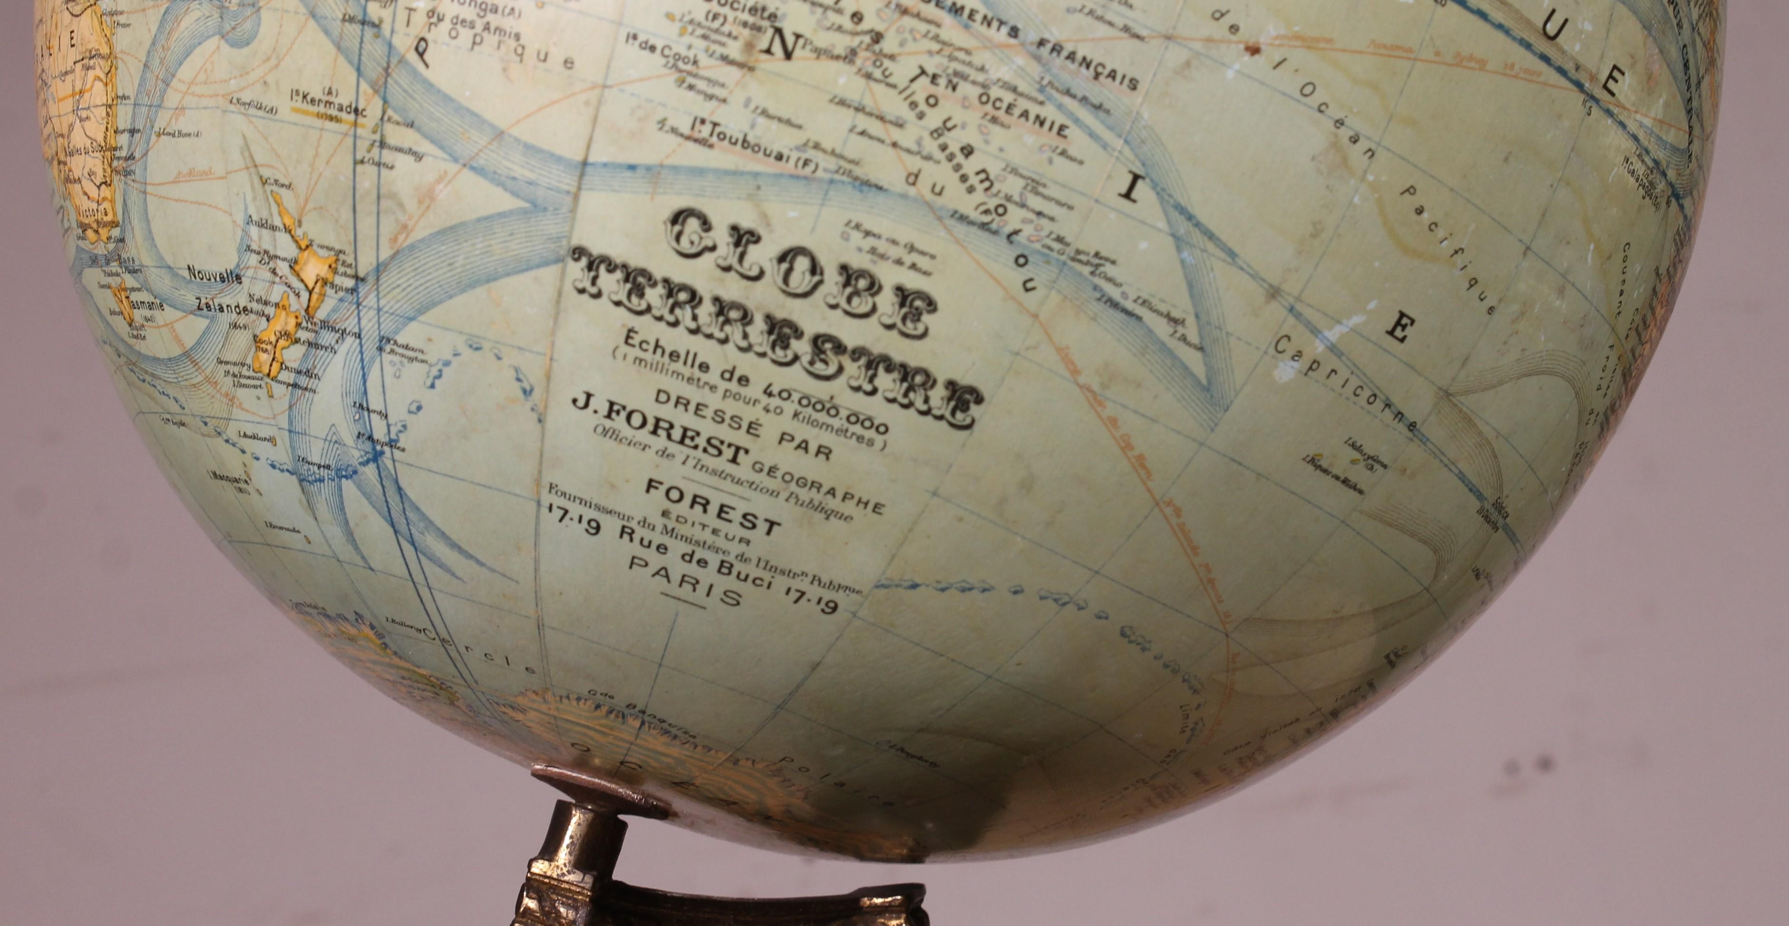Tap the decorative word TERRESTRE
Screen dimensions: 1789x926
click(x=774, y=340)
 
